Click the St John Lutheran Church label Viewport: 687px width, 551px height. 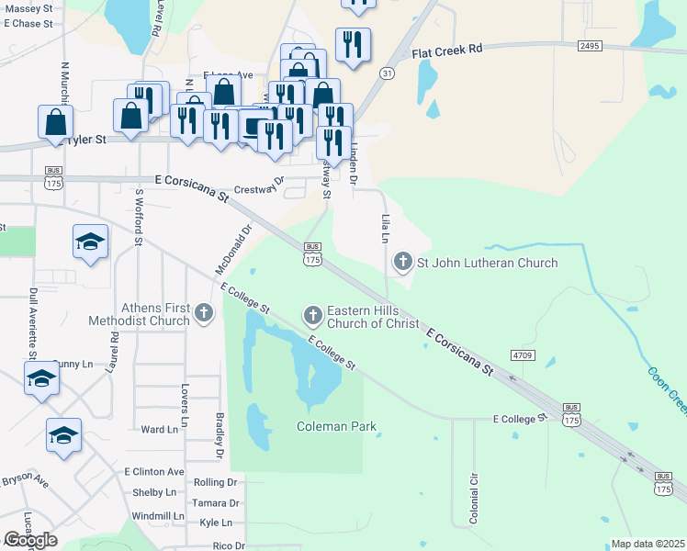[487, 264]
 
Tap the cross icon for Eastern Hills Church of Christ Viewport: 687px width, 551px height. [312, 316]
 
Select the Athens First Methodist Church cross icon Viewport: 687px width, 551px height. [205, 315]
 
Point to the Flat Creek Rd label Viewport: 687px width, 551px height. [446, 51]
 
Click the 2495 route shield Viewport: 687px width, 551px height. [591, 46]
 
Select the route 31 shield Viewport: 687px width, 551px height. [387, 73]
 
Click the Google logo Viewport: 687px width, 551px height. [30, 540]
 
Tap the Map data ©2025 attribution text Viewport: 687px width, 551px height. [648, 544]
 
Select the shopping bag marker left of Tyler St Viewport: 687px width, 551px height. [56, 122]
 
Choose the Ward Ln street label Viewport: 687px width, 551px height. [159, 429]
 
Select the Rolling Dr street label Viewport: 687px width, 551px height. [216, 482]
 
